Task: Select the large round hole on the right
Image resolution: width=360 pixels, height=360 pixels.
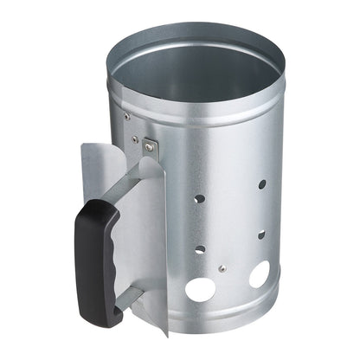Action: coord(258,275)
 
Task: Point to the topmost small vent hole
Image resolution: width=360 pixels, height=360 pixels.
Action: coord(262,184)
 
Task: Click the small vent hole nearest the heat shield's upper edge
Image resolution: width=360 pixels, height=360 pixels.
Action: coord(199,198)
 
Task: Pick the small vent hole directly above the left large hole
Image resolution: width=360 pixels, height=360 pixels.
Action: coord(200,250)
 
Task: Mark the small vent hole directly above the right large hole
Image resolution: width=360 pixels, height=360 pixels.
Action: coord(260,234)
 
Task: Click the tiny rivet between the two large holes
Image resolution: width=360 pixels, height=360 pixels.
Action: coord(222,268)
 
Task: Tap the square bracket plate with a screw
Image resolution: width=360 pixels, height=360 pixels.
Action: coord(150,146)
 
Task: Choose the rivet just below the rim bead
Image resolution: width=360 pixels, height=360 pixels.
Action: coord(127,115)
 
